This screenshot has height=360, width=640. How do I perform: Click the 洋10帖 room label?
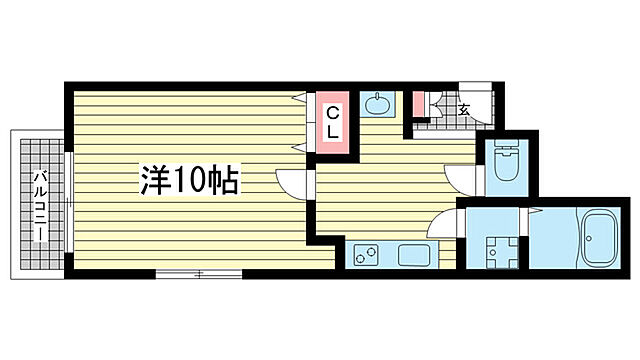(188, 181)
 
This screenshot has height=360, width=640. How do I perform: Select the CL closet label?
(334, 121)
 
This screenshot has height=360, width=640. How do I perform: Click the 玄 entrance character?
(464, 109)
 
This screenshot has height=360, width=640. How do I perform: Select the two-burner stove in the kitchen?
(364, 255)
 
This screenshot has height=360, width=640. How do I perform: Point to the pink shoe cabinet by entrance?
(419, 105)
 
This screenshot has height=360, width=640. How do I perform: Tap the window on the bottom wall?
(200, 272)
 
